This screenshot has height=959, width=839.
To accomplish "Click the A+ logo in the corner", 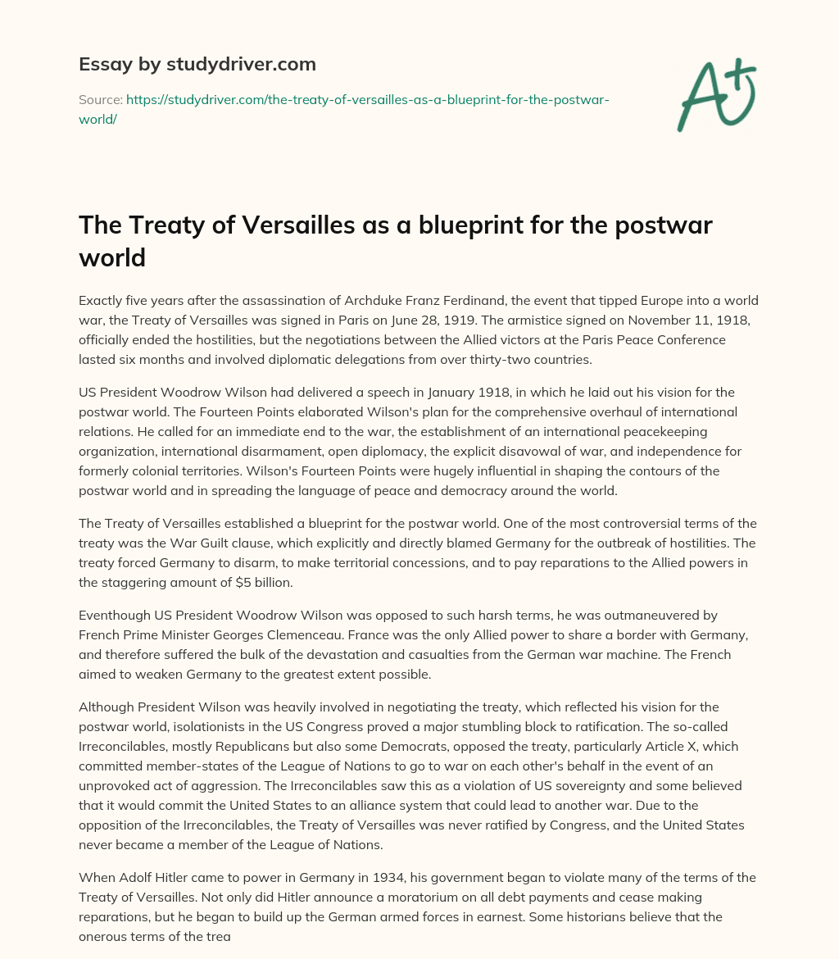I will click(716, 94).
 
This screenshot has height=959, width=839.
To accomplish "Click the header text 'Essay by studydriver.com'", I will click(197, 63).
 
